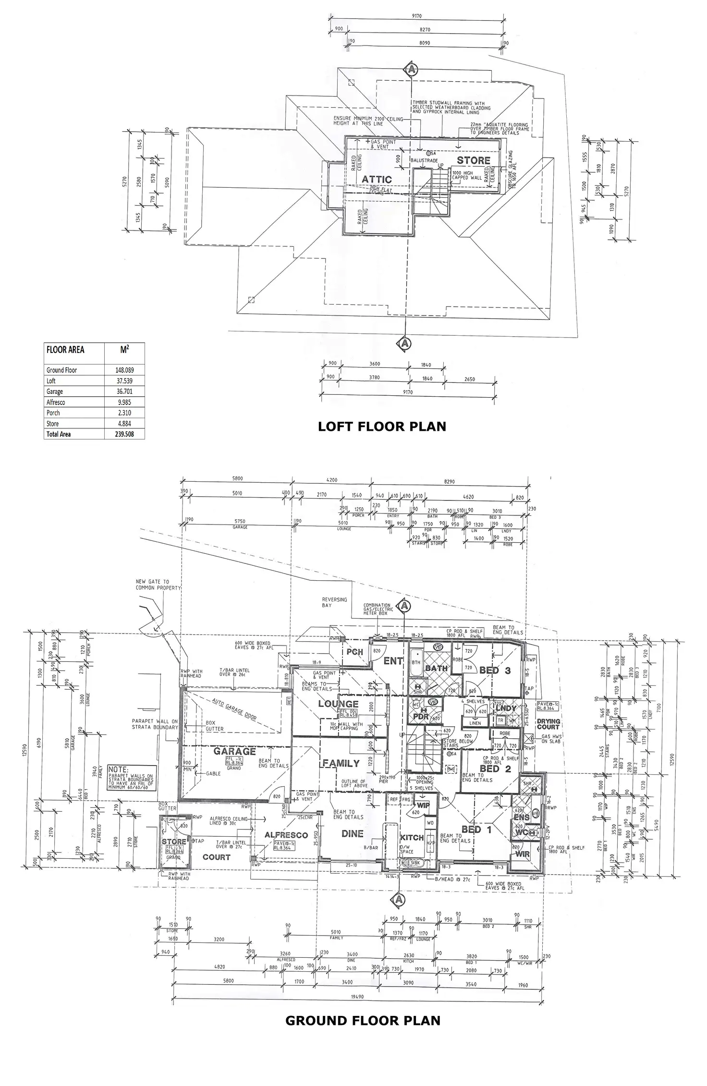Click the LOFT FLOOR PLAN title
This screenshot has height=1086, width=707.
(x=382, y=426)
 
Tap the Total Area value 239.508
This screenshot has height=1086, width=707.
(x=124, y=434)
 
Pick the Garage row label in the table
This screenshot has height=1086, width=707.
(x=55, y=391)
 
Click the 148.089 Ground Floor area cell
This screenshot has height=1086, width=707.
(x=124, y=370)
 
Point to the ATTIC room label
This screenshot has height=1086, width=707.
(x=377, y=179)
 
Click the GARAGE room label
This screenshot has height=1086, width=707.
(x=234, y=751)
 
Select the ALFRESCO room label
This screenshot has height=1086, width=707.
(x=286, y=835)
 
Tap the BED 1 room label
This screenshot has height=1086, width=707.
(x=478, y=830)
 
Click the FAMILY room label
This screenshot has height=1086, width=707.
(x=341, y=763)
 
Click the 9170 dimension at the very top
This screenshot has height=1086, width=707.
(x=417, y=16)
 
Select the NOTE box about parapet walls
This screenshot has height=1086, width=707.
(x=132, y=778)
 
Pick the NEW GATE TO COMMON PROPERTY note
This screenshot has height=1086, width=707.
(x=152, y=585)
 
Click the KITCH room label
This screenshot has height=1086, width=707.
(x=412, y=837)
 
